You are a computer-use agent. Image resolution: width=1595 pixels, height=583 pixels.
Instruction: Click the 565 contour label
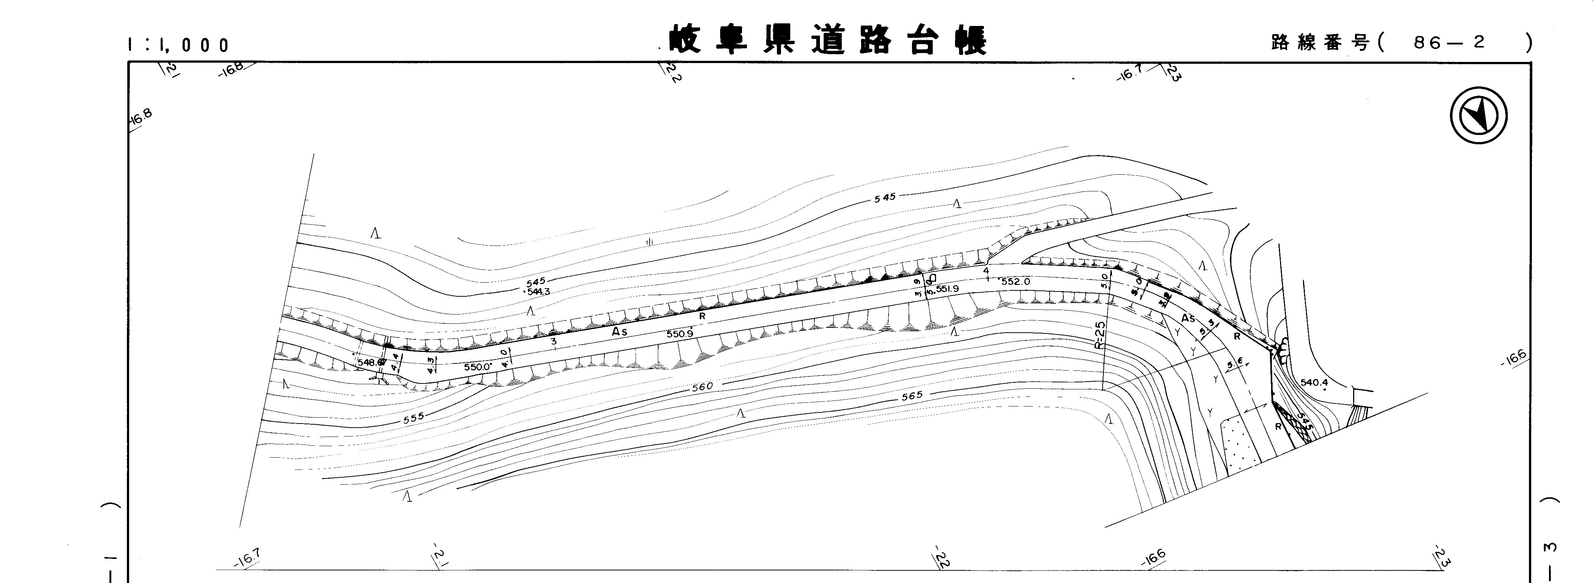(x=912, y=395)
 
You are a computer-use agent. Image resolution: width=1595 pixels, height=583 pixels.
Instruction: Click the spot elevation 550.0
(x=477, y=366)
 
